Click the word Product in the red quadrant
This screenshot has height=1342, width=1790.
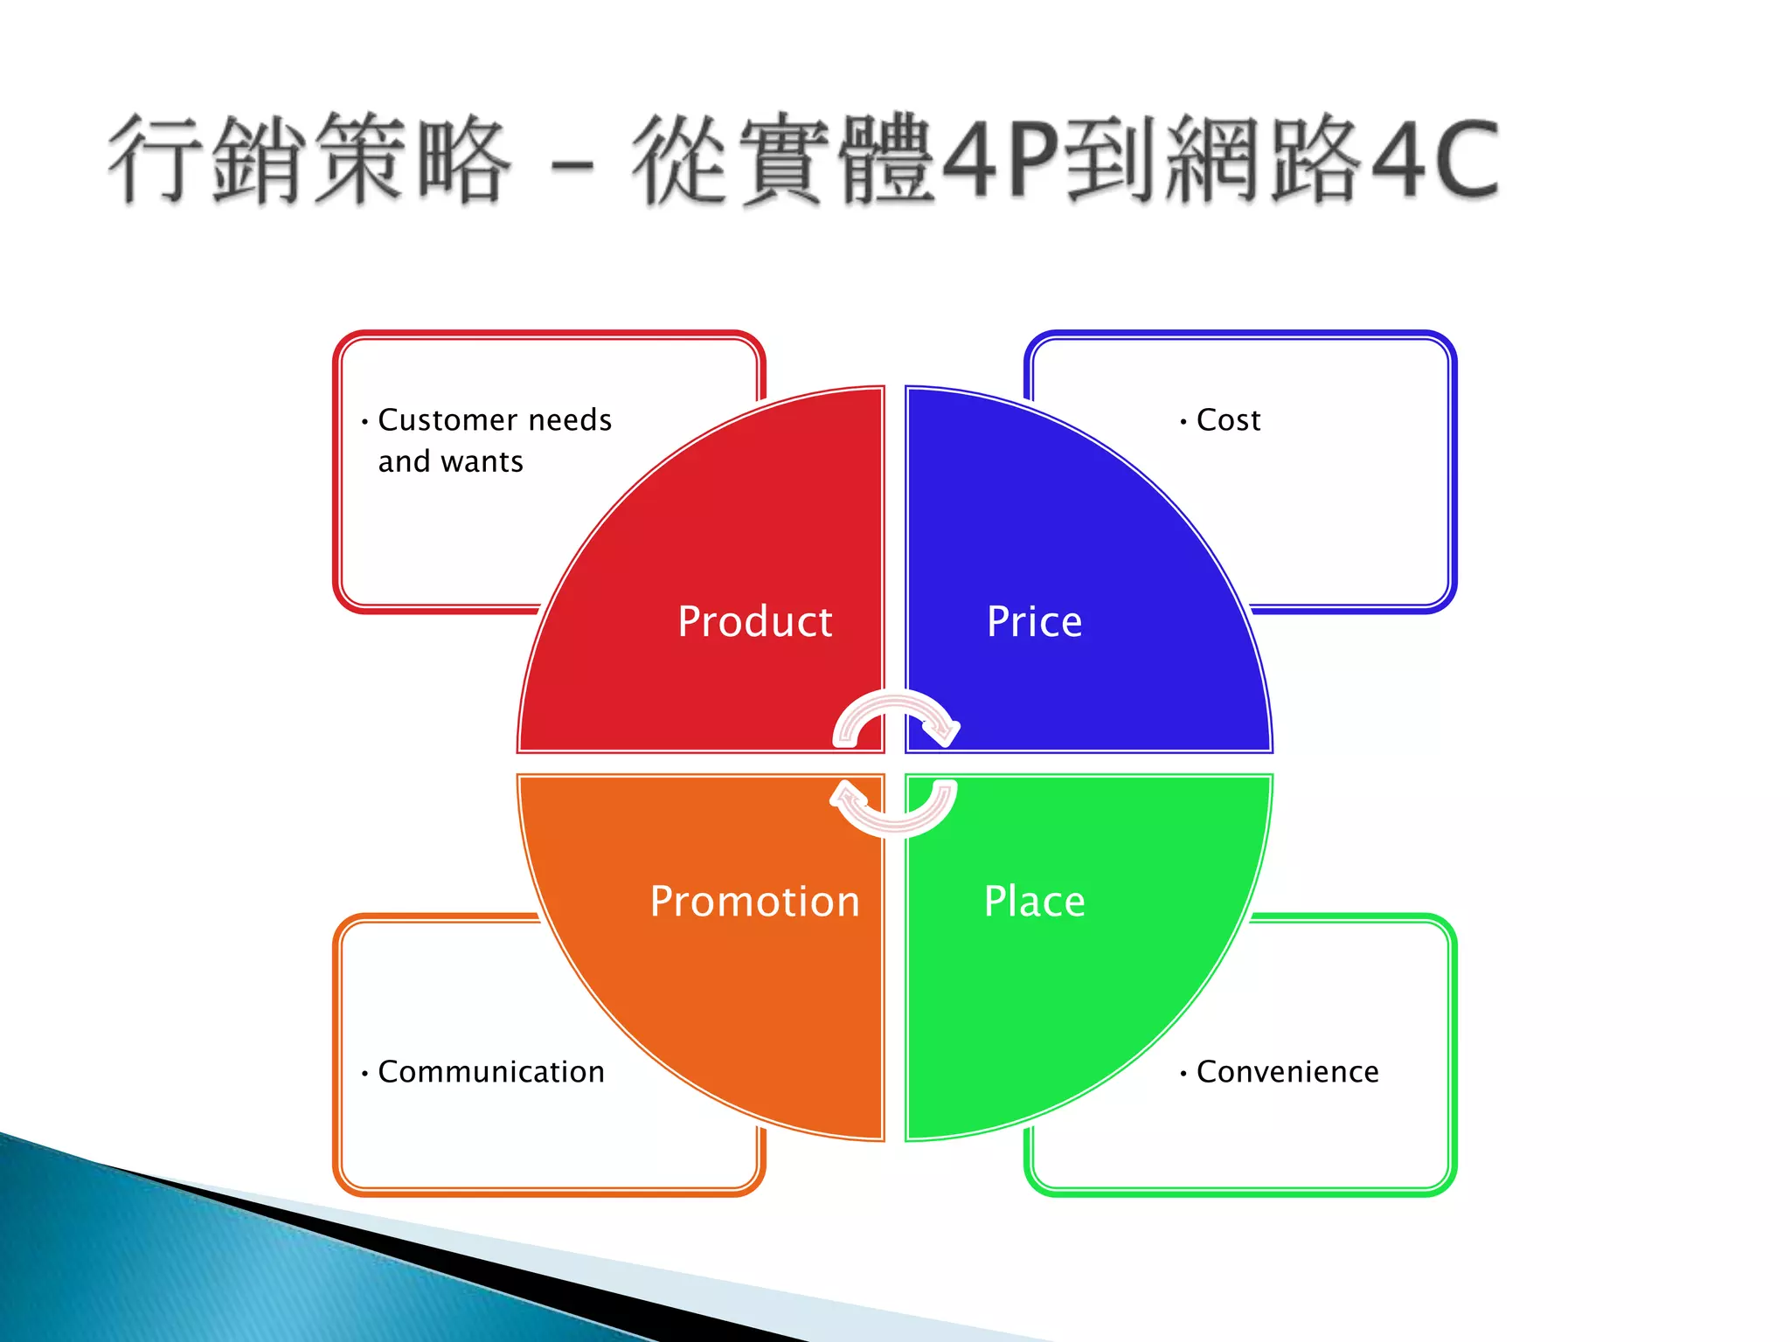coord(754,622)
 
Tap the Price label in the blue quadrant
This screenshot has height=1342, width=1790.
coord(1034,622)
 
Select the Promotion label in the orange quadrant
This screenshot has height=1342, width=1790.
coord(754,902)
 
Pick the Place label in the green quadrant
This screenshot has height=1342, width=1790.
coord(1034,902)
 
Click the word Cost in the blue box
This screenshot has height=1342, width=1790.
coord(1228,420)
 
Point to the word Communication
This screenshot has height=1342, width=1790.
coord(490,1072)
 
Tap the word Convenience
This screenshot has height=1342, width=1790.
coord(1287,1072)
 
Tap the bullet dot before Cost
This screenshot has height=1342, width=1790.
coord(1183,422)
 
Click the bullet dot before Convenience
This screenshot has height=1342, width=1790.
coord(1183,1074)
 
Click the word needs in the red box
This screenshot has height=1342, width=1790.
coord(570,420)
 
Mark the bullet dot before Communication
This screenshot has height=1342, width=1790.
coord(364,1074)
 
